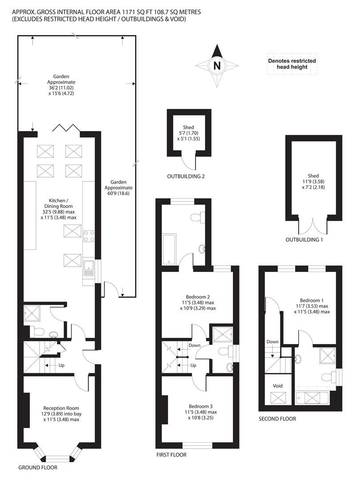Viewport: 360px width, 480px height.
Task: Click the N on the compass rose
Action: [x=217, y=65]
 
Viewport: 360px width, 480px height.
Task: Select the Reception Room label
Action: [x=61, y=408]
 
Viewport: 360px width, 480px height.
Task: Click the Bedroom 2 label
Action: [x=198, y=296]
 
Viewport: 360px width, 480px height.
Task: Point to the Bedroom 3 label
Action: [x=200, y=407]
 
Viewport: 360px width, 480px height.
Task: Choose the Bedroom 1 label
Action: [x=312, y=300]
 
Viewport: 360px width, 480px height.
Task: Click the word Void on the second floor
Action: [x=278, y=386]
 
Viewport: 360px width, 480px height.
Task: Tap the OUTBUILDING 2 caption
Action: [x=186, y=176]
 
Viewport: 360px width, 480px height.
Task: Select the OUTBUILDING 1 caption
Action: [x=304, y=240]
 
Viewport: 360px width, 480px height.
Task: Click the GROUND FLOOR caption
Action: [x=38, y=468]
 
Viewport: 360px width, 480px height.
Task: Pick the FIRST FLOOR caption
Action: [x=172, y=455]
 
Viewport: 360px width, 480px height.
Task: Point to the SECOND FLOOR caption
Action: [x=277, y=419]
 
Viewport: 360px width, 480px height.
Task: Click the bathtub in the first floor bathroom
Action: [x=169, y=249]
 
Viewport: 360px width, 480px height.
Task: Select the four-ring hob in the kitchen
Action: [x=89, y=236]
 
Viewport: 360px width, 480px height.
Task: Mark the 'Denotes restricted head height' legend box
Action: [x=292, y=64]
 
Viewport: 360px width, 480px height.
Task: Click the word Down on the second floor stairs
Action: [x=272, y=342]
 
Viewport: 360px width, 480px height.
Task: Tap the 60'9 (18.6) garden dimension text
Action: [x=119, y=193]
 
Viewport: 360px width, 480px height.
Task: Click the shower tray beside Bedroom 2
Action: [x=223, y=334]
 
